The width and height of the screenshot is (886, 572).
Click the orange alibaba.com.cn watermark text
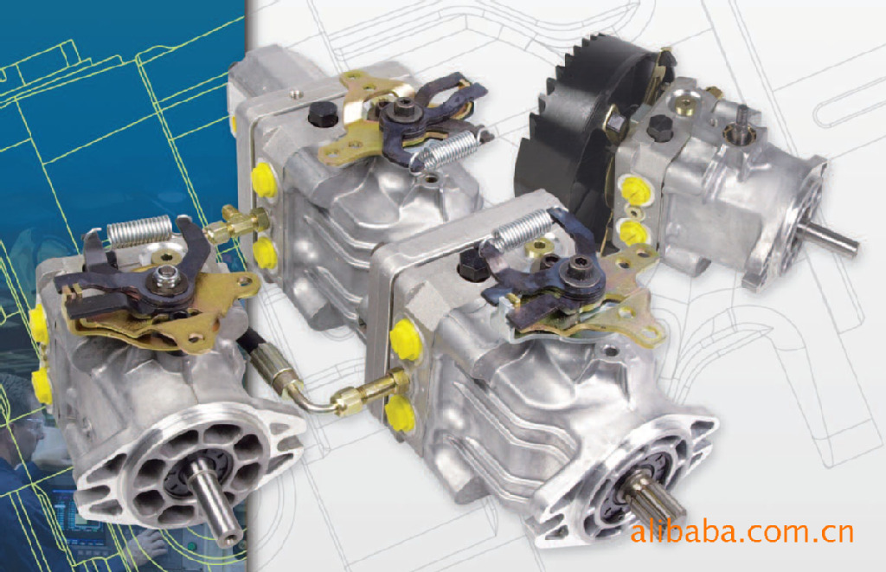pos(742,532)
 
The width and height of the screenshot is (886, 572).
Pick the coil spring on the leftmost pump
pos(139,230)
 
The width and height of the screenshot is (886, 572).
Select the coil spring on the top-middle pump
pos(450,150)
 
